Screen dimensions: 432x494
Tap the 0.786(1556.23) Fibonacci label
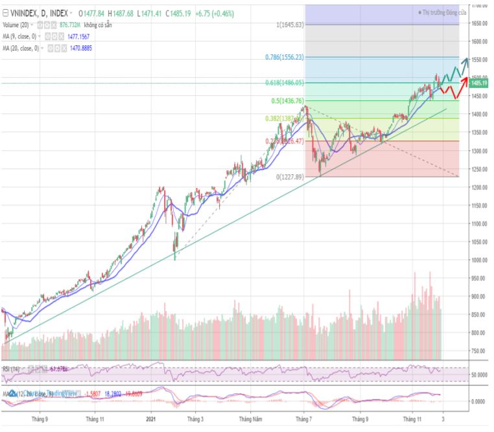point(284,58)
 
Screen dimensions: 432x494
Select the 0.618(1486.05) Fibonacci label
point(284,83)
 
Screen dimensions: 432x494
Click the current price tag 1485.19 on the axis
point(479,83)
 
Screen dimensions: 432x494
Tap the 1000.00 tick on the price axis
point(479,260)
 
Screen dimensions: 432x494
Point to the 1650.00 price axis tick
point(479,23)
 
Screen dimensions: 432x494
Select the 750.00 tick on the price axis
point(479,351)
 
